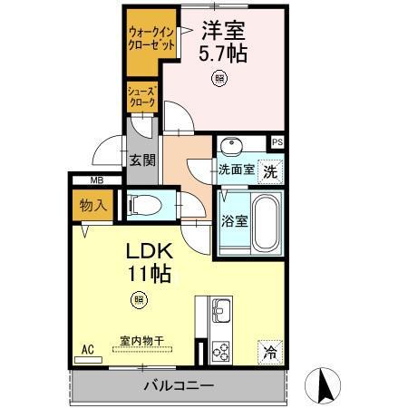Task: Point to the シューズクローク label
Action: coord(143,97)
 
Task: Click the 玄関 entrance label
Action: coord(141,160)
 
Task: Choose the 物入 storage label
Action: coord(93,205)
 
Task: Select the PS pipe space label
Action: coord(277,142)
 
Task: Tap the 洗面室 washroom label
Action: coord(235,170)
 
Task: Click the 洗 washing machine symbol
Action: coord(270,170)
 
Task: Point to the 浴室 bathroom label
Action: coord(233,220)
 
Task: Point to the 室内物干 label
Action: coord(141,341)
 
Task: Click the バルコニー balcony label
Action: coord(178,386)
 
